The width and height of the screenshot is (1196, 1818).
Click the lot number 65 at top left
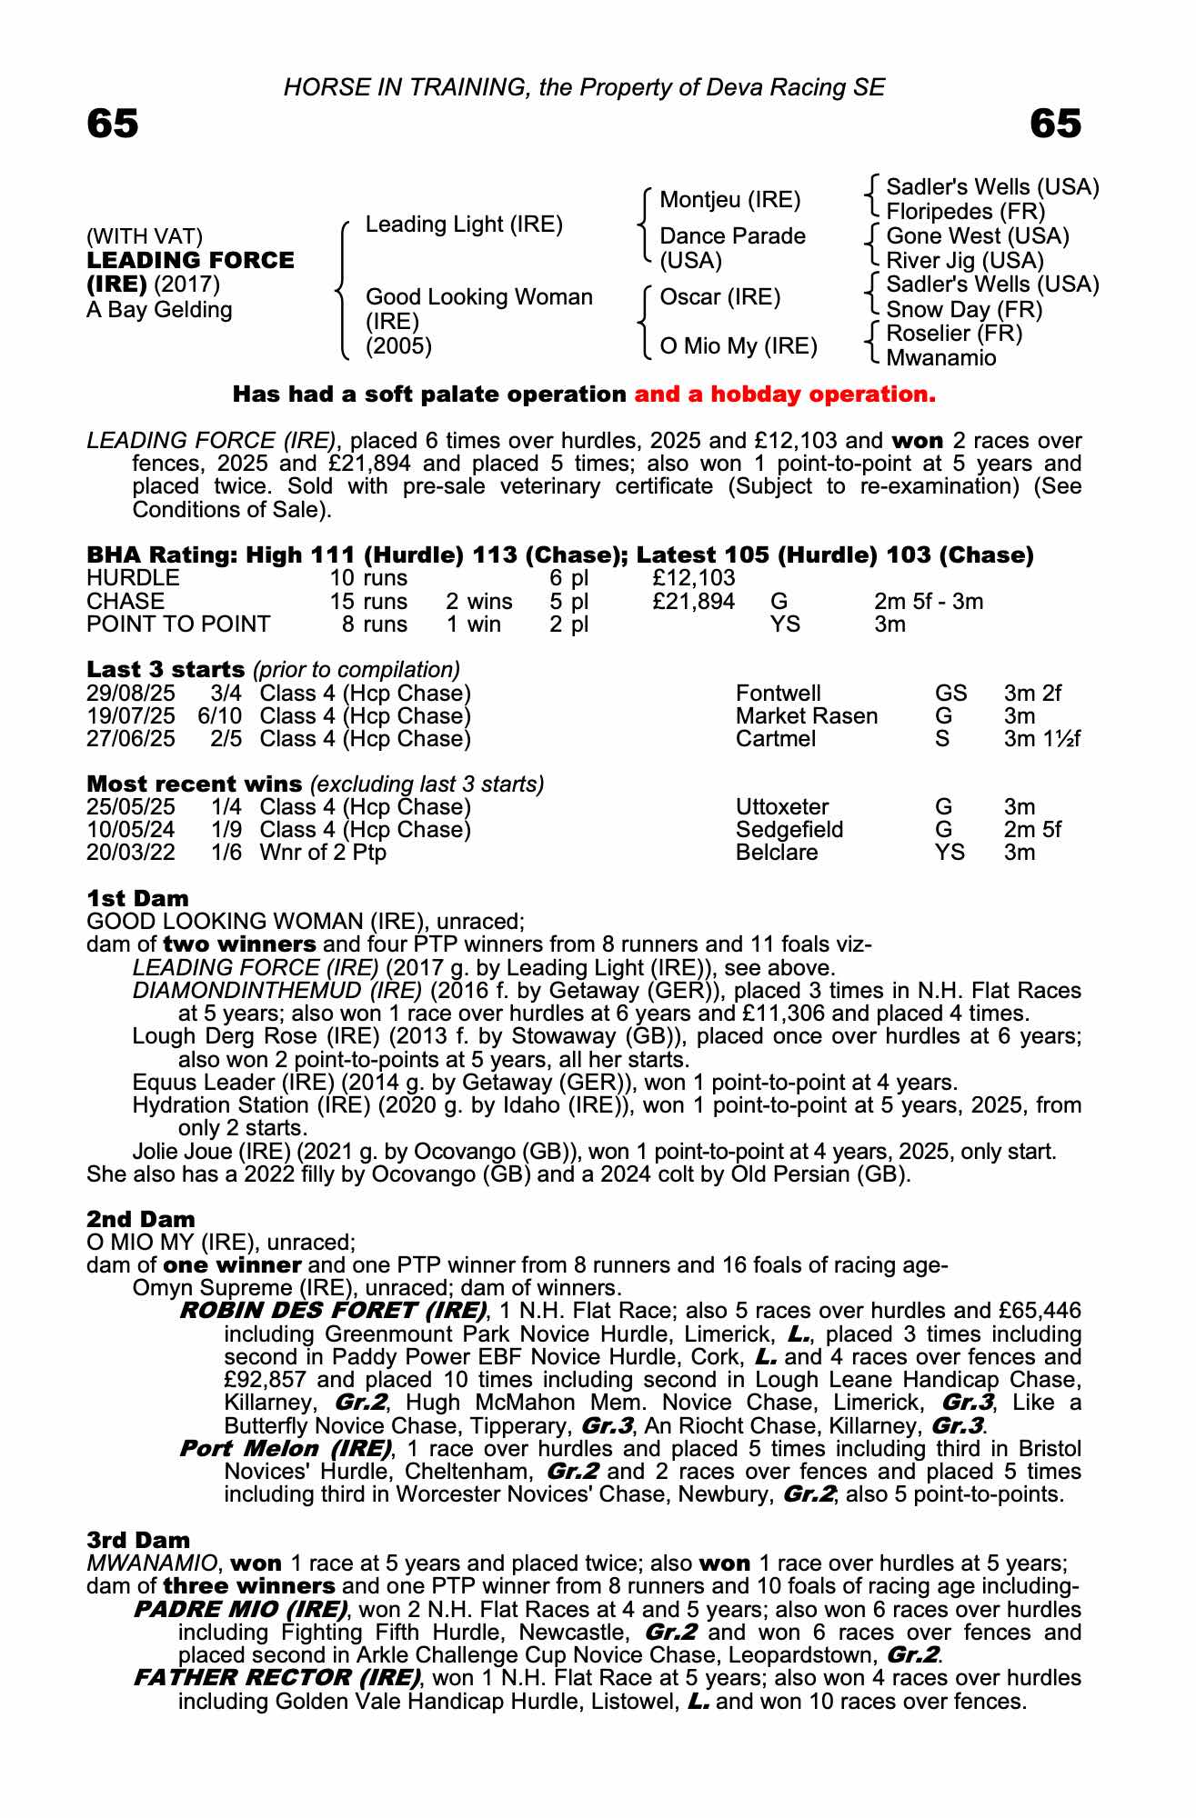pyautogui.click(x=113, y=124)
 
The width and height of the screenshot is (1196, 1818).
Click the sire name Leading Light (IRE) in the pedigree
pyautogui.click(x=464, y=225)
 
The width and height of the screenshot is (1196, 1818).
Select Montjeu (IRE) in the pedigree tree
pyautogui.click(x=729, y=200)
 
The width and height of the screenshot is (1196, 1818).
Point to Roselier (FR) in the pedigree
pyautogui.click(x=954, y=334)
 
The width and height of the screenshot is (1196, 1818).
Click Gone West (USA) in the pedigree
pyautogui.click(x=977, y=236)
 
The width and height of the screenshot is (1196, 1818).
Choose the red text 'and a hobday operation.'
pyautogui.click(x=785, y=395)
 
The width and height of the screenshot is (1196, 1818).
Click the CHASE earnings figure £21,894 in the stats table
pyautogui.click(x=693, y=602)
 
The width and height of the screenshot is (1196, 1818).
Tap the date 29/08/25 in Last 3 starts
pyautogui.click(x=131, y=694)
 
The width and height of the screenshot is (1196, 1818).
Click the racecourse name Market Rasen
pyautogui.click(x=806, y=716)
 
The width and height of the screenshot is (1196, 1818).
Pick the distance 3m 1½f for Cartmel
pyautogui.click(x=1041, y=739)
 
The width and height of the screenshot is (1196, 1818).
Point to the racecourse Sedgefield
pyautogui.click(x=789, y=830)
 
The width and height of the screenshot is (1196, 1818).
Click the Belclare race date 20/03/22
pyautogui.click(x=131, y=853)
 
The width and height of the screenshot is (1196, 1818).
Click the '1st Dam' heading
pyautogui.click(x=137, y=899)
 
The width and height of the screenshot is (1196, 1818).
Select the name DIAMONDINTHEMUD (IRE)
pyautogui.click(x=276, y=991)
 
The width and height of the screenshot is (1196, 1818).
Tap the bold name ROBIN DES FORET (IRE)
pyautogui.click(x=333, y=1311)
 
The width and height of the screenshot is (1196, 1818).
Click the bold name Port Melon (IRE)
pyautogui.click(x=286, y=1448)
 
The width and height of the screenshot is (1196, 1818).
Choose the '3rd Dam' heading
pyautogui.click(x=138, y=1540)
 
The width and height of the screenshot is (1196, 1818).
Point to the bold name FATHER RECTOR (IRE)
pyautogui.click(x=276, y=1677)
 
